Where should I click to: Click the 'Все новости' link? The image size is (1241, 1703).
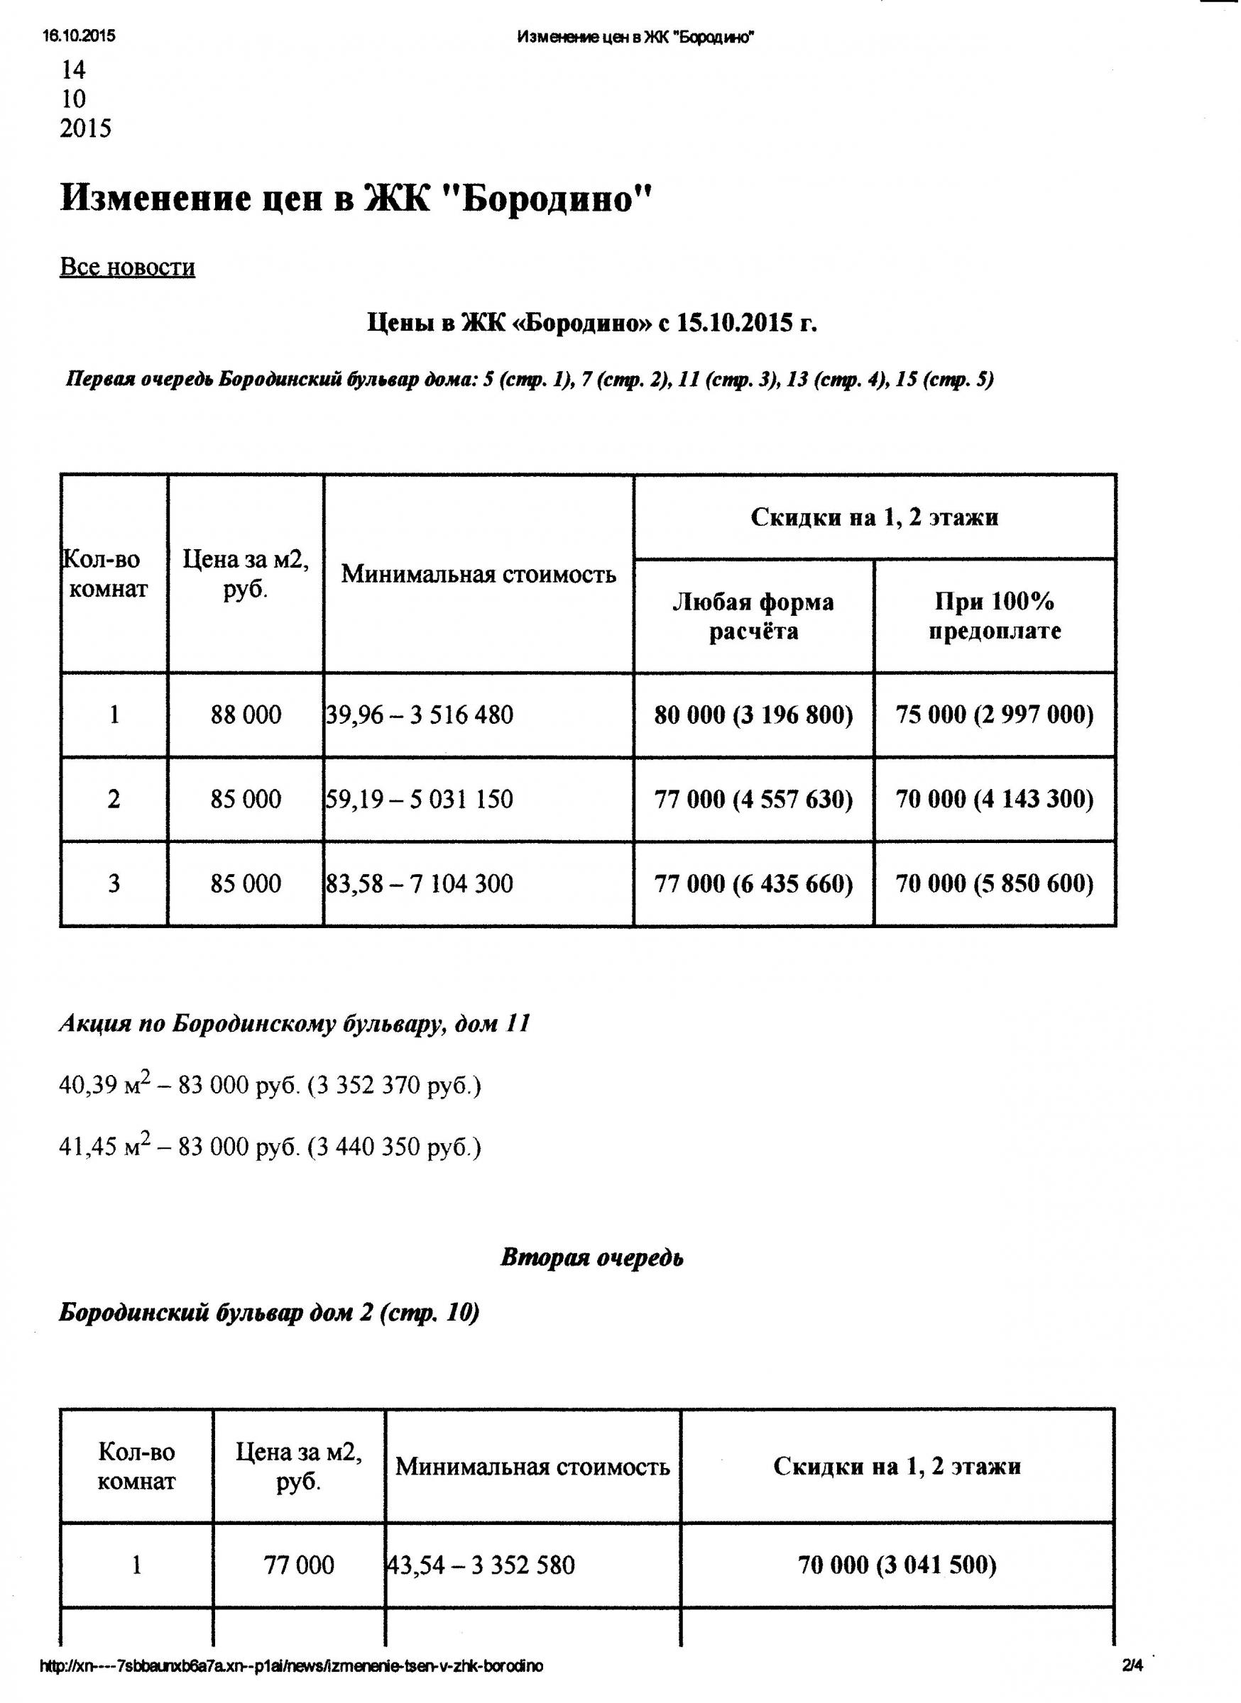point(127,268)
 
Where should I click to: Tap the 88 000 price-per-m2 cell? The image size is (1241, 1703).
point(246,714)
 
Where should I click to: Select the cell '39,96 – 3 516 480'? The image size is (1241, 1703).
point(420,714)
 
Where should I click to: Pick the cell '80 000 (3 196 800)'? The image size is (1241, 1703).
point(753,714)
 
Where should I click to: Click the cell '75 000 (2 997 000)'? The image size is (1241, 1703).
point(995,714)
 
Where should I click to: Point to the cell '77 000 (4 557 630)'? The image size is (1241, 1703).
point(753,799)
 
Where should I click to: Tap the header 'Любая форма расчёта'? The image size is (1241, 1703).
point(753,616)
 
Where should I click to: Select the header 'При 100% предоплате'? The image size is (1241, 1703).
point(995,616)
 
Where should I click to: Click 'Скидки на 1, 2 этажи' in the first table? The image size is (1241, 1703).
point(875,517)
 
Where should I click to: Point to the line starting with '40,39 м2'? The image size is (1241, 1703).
point(270,1086)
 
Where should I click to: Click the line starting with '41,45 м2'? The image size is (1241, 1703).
point(270,1147)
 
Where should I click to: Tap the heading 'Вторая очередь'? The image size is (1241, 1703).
point(592,1257)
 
